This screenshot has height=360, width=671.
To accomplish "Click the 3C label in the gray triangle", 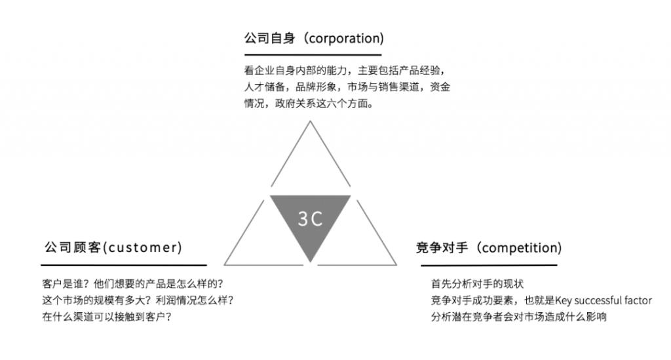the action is pyautogui.click(x=310, y=219).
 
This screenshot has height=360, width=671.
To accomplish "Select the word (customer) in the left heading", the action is pyautogui.click(x=143, y=247).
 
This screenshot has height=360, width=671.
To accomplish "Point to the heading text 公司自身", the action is pyautogui.click(x=269, y=38).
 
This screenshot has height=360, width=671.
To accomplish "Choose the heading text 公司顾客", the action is pyautogui.click(x=73, y=247).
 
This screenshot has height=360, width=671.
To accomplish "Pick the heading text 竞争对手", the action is pyautogui.click(x=442, y=248).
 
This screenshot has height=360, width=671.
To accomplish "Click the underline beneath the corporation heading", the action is pyautogui.click(x=313, y=55).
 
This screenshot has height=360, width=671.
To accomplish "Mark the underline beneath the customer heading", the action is pyautogui.click(x=124, y=265).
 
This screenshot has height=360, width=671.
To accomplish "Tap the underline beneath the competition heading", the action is pyautogui.click(x=489, y=265).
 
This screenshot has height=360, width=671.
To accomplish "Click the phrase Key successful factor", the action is pyautogui.click(x=604, y=300).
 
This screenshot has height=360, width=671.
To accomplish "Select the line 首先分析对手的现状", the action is pyautogui.click(x=477, y=284).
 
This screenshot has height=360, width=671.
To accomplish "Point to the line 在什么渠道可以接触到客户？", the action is pyautogui.click(x=107, y=317).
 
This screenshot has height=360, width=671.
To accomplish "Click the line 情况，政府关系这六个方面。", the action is pyautogui.click(x=309, y=104).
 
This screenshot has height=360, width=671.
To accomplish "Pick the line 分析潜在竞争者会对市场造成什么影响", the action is pyautogui.click(x=519, y=317).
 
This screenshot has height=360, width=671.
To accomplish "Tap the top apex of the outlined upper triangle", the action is pyautogui.click(x=310, y=121).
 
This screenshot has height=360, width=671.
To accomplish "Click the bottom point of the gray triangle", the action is pyautogui.click(x=310, y=262).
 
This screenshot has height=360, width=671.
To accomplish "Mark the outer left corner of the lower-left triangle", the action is pyautogui.click(x=224, y=264).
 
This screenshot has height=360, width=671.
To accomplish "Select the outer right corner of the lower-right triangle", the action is pyautogui.click(x=396, y=264).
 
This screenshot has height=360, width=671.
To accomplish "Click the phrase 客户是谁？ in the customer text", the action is pyautogui.click(x=66, y=284).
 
